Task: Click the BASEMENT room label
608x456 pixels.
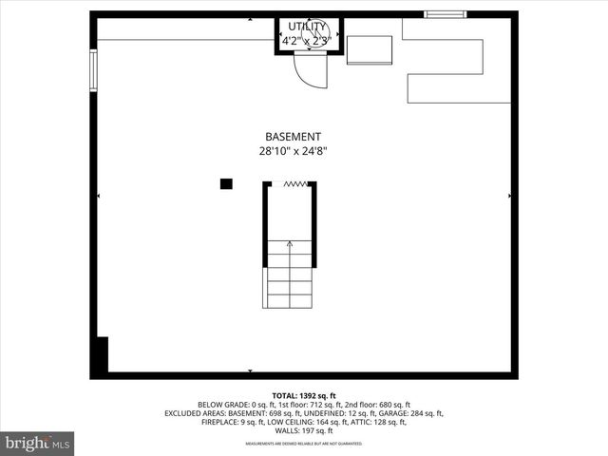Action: [x=294, y=137]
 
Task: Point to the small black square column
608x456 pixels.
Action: [x=226, y=184]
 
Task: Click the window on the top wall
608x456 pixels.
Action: [x=446, y=14]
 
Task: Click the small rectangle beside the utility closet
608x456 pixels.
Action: [x=370, y=50]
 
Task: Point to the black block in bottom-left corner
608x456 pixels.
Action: [x=102, y=353]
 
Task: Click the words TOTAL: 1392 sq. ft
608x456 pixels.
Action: [x=303, y=394]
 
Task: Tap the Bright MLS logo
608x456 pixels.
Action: [x=38, y=443]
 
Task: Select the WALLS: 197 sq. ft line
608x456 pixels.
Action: [x=303, y=430]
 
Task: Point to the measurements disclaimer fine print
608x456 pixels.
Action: [x=303, y=444]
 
